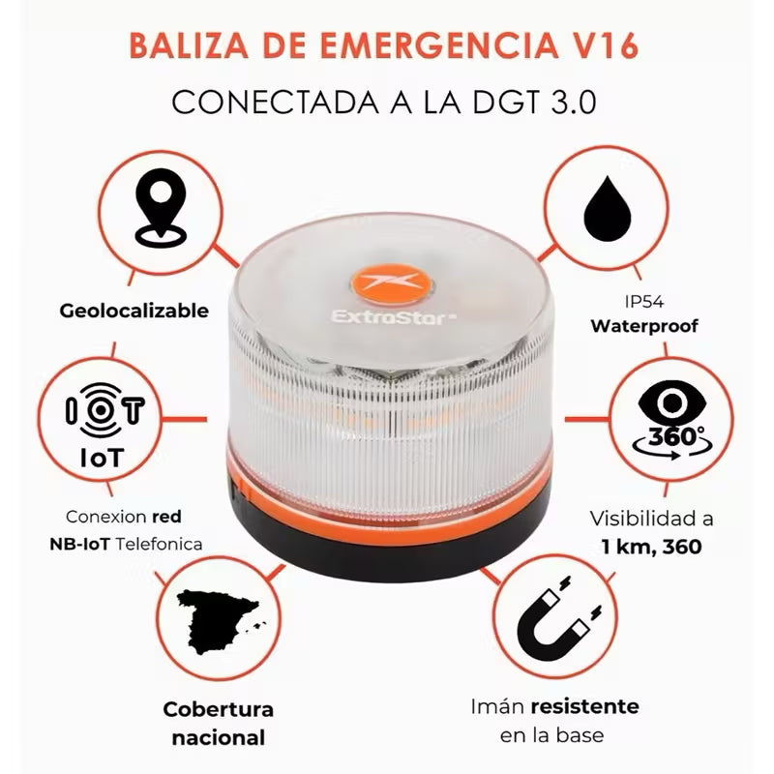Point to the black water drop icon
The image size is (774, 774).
tap(612, 202)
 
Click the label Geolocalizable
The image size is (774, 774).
tap(134, 311)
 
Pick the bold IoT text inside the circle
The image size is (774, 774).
tap(107, 457)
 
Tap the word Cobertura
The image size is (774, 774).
tap(219, 709)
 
